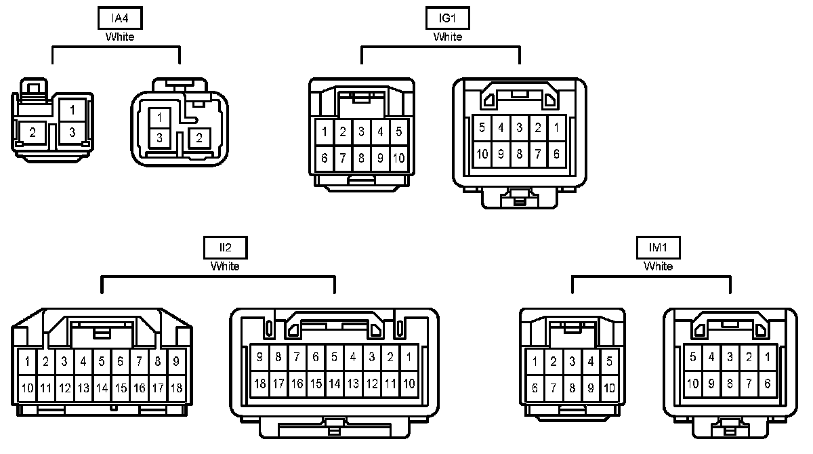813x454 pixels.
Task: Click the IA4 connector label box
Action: pyautogui.click(x=119, y=19)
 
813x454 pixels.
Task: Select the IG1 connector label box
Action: pyautogui.click(x=447, y=19)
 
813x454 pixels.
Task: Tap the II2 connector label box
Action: pyautogui.click(x=225, y=249)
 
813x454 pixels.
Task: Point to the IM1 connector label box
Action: pyautogui.click(x=658, y=249)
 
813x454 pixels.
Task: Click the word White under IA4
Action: pyautogui.click(x=119, y=37)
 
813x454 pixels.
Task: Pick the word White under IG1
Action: pyautogui.click(x=447, y=37)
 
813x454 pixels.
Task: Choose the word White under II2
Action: pyautogui.click(x=225, y=266)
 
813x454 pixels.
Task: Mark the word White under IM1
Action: pyautogui.click(x=658, y=266)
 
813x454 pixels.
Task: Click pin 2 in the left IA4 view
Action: pyautogui.click(x=33, y=132)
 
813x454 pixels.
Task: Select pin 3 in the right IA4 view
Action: pyautogui.click(x=159, y=138)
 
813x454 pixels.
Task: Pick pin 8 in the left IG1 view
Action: pyautogui.click(x=362, y=159)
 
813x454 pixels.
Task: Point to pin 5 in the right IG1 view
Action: pyautogui.click(x=482, y=127)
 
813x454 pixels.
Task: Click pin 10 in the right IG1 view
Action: pyautogui.click(x=482, y=154)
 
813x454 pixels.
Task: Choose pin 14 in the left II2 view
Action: pyautogui.click(x=102, y=388)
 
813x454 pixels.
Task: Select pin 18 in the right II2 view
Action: pyautogui.click(x=259, y=384)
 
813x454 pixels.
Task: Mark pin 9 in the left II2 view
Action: pyautogui.click(x=176, y=362)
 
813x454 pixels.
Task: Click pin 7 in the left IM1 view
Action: pyautogui.click(x=554, y=388)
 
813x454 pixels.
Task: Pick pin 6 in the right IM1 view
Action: pyautogui.click(x=767, y=384)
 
